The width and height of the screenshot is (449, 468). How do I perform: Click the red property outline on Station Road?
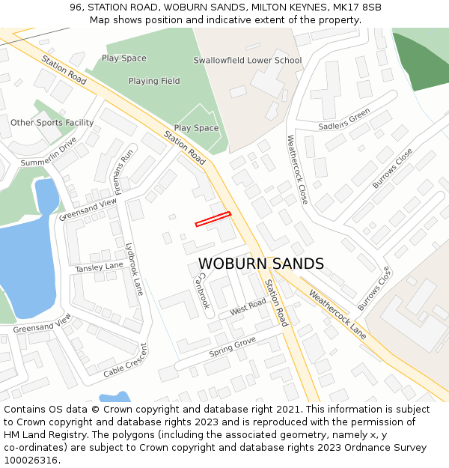213,219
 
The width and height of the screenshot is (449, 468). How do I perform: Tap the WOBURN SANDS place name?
261,264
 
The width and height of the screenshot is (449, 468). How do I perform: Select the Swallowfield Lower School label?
248,60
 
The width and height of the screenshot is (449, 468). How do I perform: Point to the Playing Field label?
154,81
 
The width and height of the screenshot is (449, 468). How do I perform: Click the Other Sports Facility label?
52,122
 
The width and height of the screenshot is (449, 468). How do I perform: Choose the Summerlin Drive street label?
49,153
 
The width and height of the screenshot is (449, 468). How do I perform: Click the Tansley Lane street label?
99,267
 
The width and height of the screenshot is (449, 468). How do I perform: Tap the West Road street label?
248,307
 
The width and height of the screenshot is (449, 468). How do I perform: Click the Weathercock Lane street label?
337,314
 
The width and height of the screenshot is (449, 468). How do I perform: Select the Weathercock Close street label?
298,169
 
